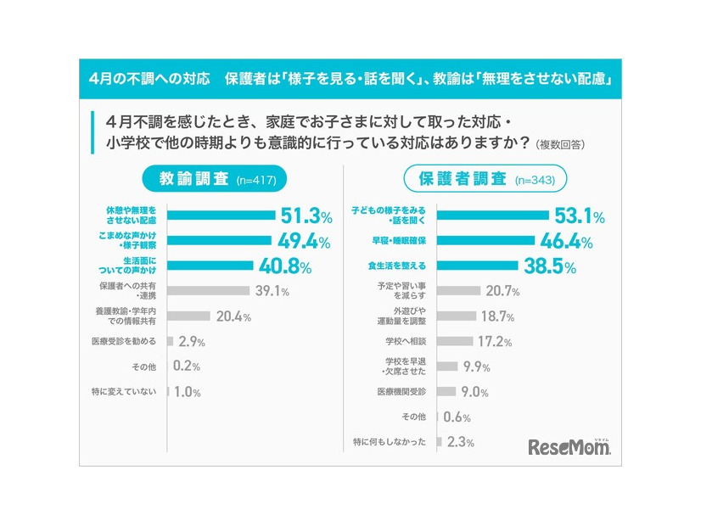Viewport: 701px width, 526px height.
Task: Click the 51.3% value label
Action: [306, 216]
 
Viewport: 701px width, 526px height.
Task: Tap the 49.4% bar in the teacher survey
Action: [218, 241]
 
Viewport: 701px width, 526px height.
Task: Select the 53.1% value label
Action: [575, 216]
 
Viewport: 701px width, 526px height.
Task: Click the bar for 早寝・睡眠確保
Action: [485, 241]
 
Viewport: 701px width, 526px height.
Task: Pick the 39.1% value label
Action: [272, 291]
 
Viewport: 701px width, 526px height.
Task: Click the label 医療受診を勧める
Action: [124, 341]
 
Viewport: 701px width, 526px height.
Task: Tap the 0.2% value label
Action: [187, 367]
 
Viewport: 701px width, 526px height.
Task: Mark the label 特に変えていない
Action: [124, 391]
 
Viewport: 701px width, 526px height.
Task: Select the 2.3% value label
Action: [461, 442]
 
